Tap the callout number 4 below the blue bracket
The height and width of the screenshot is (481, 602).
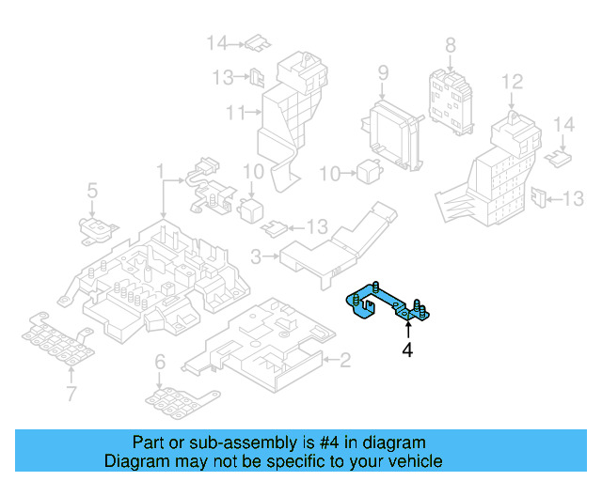(407, 350)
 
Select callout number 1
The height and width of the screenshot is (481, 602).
(161, 172)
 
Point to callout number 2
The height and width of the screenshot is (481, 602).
(344, 358)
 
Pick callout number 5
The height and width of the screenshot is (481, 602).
(92, 192)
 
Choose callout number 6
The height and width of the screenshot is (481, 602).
(160, 361)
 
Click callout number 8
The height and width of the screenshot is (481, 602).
(450, 44)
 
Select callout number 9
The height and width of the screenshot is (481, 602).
(383, 72)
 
